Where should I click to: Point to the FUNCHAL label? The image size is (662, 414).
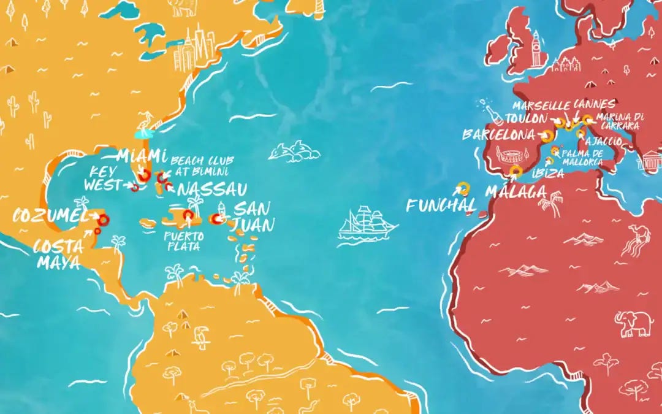(440, 205)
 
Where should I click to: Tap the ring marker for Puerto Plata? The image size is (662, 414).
(188, 215)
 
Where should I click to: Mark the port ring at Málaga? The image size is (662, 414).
(516, 171)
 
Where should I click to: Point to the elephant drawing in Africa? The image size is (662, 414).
(633, 323)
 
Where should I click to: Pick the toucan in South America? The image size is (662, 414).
(200, 338)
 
